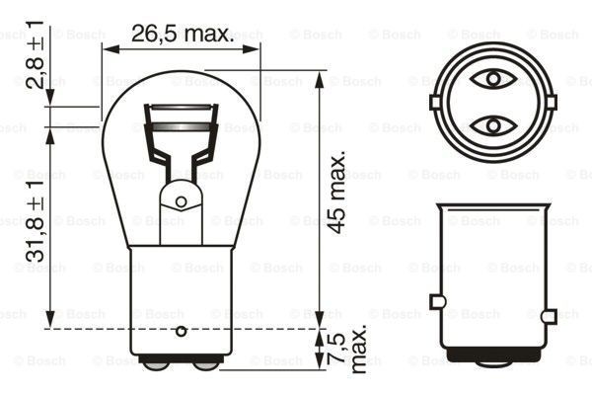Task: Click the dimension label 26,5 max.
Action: click(x=183, y=35)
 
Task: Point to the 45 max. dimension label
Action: click(x=338, y=194)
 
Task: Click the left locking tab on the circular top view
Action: click(x=435, y=102)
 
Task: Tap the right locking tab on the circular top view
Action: click(x=550, y=102)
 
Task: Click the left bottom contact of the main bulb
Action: click(x=156, y=362)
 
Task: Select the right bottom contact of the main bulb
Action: click(x=206, y=362)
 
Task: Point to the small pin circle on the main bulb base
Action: click(x=181, y=330)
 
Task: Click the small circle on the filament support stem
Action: click(x=181, y=201)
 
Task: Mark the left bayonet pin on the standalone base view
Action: click(x=435, y=302)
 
